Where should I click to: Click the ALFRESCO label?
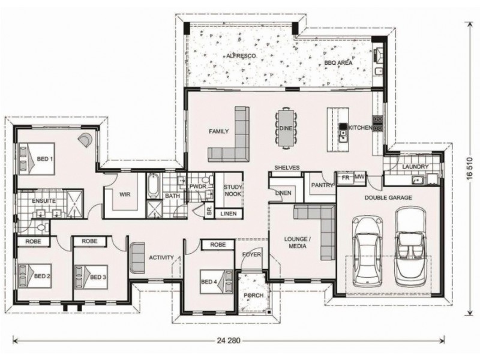[241, 55]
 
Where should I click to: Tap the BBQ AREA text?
[338, 62]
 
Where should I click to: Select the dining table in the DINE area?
[285, 127]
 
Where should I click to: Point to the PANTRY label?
[322, 185]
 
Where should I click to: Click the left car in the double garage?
[367, 251]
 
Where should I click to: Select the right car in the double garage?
[410, 246]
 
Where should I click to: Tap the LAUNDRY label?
[415, 166]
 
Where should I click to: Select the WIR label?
[125, 195]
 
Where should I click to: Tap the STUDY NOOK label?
[232, 191]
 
